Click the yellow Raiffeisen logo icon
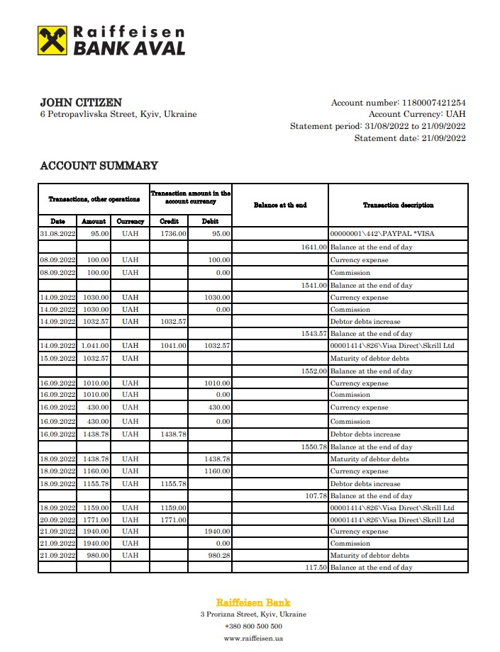[x=52, y=40]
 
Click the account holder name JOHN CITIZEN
[x=81, y=103]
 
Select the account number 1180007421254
[x=434, y=103]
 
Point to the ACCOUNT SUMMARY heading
[x=99, y=166]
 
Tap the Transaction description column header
[x=398, y=205]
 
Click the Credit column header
[x=170, y=221]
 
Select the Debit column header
[x=210, y=221]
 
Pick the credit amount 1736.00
[x=173, y=233]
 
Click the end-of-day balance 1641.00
[x=314, y=247]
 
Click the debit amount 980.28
[x=218, y=556]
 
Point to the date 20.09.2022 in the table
[x=57, y=520]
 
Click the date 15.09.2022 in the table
[x=57, y=359]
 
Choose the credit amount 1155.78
[x=173, y=484]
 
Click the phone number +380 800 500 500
[x=253, y=626]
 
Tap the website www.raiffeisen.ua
[x=253, y=639]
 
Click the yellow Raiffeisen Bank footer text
[x=253, y=602]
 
